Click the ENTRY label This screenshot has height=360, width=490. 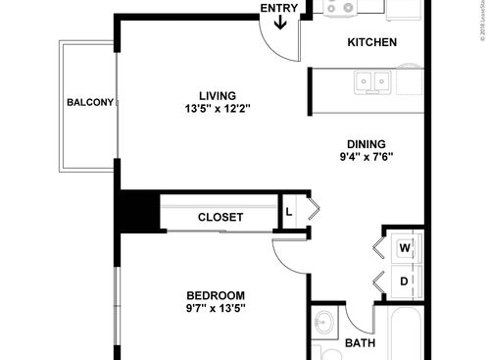(x=278, y=9)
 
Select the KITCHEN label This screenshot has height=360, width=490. (x=372, y=42)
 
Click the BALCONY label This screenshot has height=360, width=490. (x=90, y=103)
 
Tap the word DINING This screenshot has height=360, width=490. (x=365, y=142)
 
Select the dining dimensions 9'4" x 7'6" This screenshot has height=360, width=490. (x=365, y=156)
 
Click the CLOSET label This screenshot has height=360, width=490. (x=220, y=217)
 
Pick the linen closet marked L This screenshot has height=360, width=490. (x=289, y=211)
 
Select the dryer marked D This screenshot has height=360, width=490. (x=404, y=282)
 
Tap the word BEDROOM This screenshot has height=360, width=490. (x=216, y=295)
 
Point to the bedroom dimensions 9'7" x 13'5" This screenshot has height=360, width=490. (x=216, y=308)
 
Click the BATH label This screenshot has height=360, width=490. (x=360, y=343)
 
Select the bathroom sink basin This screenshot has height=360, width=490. (x=325, y=325)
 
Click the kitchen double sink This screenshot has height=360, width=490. (x=372, y=81)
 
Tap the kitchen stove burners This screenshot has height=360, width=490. (x=344, y=9)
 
